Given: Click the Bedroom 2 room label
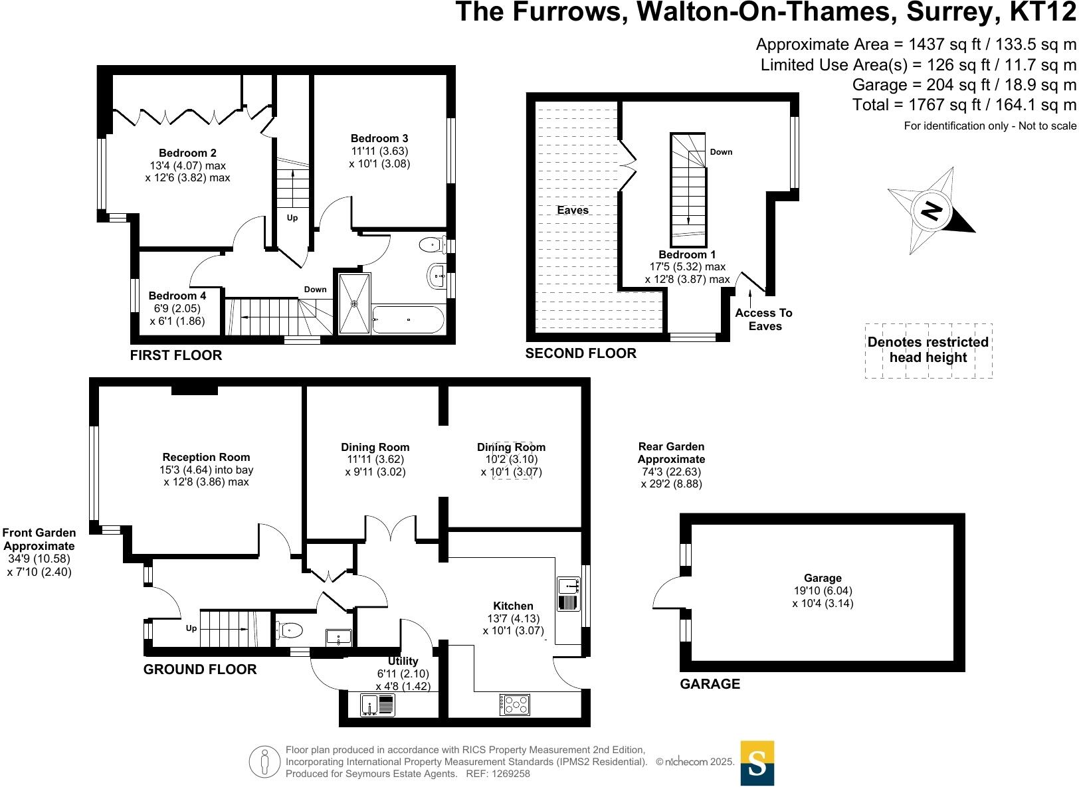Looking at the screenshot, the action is point(187,153).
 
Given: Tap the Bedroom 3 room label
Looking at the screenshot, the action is point(379,139).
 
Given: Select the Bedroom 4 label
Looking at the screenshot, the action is point(177,296).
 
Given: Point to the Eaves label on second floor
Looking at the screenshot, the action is point(573,211).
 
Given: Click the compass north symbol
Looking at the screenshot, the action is point(932,212).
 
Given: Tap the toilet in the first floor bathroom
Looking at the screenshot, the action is point(433,245).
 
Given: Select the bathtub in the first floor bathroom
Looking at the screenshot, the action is point(408,320).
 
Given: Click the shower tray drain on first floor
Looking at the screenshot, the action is point(355,304).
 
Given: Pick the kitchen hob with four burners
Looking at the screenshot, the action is point(515,704).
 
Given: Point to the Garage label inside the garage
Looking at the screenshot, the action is point(823,578).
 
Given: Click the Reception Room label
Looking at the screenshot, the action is point(207,458).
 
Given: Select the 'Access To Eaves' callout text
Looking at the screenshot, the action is point(764,319).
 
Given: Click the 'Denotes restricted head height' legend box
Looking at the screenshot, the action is point(928,351).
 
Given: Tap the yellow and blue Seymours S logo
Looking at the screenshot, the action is point(757,763).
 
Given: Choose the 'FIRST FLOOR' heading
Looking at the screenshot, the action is point(176,355).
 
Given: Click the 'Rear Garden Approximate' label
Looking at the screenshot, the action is point(671,453).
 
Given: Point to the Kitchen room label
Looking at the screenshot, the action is point(513,606).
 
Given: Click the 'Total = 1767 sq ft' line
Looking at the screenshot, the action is point(964,105).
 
